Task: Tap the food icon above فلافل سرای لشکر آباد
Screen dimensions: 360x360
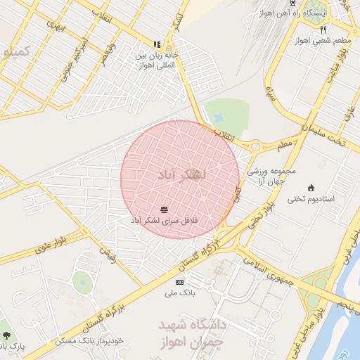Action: (164, 210)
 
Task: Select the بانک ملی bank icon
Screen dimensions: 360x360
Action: (179, 281)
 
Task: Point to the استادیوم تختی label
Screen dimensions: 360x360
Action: (310, 199)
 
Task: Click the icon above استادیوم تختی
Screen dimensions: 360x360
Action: (311, 187)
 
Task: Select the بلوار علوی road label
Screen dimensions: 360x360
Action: (51, 247)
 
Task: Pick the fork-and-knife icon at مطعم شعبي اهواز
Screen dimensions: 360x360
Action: (323, 30)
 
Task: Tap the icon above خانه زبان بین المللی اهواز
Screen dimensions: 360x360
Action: (157, 44)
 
